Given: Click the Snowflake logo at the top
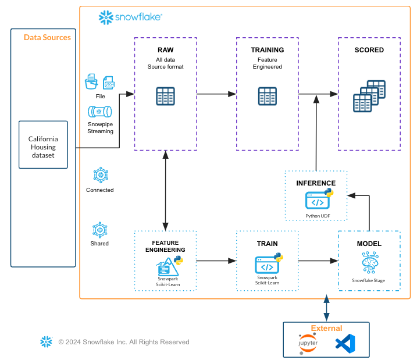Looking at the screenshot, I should click(x=130, y=18).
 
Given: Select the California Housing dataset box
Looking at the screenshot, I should click(x=44, y=144).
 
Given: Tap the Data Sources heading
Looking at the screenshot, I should click(x=47, y=37).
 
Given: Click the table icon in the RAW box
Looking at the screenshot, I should click(x=165, y=96).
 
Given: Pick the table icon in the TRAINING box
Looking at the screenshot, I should click(x=268, y=95).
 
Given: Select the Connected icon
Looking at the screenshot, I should click(x=100, y=174).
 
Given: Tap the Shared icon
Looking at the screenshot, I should click(x=100, y=229).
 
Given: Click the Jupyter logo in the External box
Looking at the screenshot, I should click(x=308, y=344).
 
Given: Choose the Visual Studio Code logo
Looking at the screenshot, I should click(x=345, y=344).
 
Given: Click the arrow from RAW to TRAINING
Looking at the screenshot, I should click(x=216, y=93).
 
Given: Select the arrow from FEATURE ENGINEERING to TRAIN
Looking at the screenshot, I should click(x=216, y=261).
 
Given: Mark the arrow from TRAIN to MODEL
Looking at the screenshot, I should click(x=318, y=261).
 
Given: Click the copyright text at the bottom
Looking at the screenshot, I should click(x=123, y=342).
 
